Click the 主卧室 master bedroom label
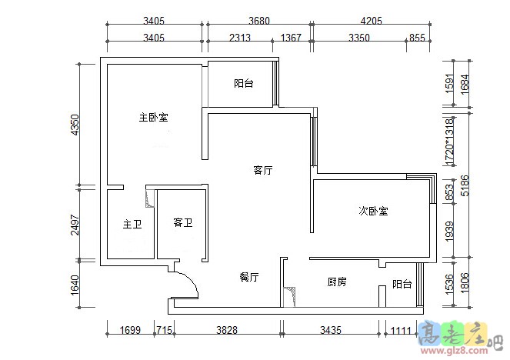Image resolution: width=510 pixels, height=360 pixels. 154,118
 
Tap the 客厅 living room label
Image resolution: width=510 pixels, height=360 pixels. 264,171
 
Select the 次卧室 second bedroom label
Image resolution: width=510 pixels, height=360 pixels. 373,211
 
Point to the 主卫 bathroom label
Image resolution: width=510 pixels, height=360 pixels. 132,225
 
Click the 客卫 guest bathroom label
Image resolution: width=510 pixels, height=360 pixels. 182,223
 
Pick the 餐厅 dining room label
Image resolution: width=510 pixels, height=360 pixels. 248,276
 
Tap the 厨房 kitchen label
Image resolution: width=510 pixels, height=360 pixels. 337,282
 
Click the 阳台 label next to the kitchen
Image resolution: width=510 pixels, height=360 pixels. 402,284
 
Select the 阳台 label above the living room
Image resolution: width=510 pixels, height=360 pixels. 243,83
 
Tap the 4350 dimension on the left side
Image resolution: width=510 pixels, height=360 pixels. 75,125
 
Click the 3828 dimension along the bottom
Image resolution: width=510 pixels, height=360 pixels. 227,332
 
